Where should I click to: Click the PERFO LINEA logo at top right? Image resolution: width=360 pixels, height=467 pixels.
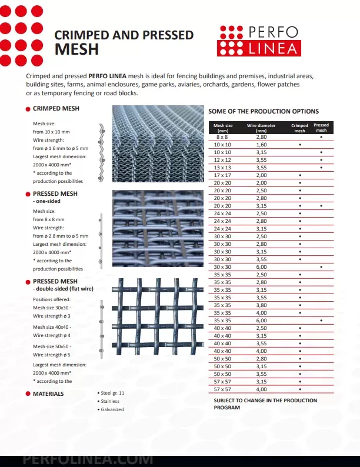258,40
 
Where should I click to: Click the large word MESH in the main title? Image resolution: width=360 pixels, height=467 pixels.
76,49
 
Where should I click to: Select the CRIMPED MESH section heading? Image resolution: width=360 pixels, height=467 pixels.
56,109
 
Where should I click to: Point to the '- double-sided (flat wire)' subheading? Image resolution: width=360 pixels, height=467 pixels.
62,289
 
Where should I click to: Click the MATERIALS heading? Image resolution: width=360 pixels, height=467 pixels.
48,393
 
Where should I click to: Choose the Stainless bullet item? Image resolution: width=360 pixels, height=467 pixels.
111,401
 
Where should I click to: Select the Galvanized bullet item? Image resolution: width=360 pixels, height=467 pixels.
112,409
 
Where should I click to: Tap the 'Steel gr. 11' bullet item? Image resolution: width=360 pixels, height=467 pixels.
112,393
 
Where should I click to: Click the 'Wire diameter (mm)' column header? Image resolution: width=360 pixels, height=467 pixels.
261,128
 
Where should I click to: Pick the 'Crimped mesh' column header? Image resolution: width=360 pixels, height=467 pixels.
299,128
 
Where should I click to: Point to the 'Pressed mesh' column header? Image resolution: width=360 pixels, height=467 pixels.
321,128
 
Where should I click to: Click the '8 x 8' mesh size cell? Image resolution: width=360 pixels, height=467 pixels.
222,136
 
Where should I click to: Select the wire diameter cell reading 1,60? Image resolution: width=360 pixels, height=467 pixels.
261,144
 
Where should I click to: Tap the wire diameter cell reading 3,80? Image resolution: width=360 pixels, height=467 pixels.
261,305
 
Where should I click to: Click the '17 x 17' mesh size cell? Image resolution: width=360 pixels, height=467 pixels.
222,175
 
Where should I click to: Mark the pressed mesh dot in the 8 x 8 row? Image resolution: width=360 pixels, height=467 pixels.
321,136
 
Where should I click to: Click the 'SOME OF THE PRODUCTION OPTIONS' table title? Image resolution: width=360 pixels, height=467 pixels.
264,111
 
